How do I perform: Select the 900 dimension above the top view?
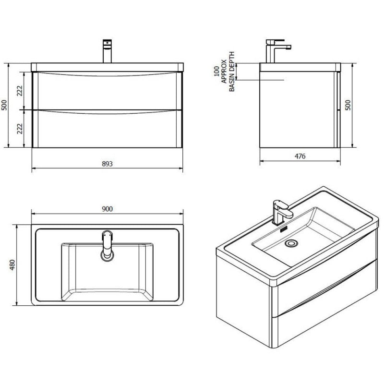coord(107,208)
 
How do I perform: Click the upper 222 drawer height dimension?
coord(20,90)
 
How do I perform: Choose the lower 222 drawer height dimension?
coord(20,128)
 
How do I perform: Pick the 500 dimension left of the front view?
coord(4,105)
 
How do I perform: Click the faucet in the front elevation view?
coord(107,51)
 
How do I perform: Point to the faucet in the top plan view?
coord(107,245)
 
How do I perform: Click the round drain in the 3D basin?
coord(290,244)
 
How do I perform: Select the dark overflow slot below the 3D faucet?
coord(283,229)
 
